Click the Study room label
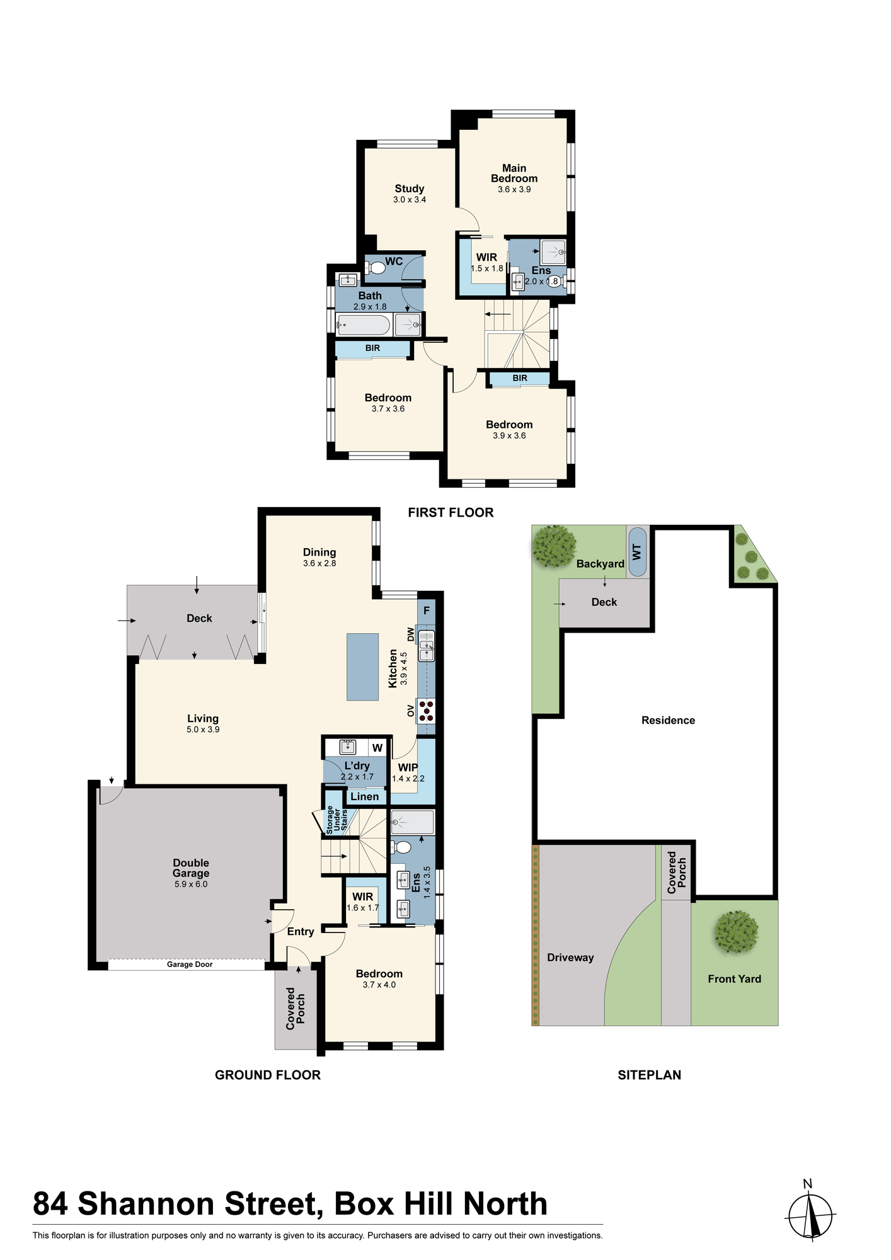[x=410, y=188]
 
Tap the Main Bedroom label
[x=514, y=173]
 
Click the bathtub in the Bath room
[x=363, y=325]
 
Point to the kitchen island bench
[x=362, y=667]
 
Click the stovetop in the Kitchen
[x=427, y=710]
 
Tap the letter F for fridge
[x=427, y=610]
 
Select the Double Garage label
[x=191, y=868]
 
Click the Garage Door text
[x=190, y=964]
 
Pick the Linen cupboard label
[x=365, y=796]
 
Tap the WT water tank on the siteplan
[x=637, y=552]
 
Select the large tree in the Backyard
[x=555, y=546]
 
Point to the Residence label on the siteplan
[x=668, y=720]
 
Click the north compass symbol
[x=811, y=1217]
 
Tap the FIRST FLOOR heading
[x=451, y=512]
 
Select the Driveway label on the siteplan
[x=570, y=958]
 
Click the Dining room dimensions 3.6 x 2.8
[x=319, y=563]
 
